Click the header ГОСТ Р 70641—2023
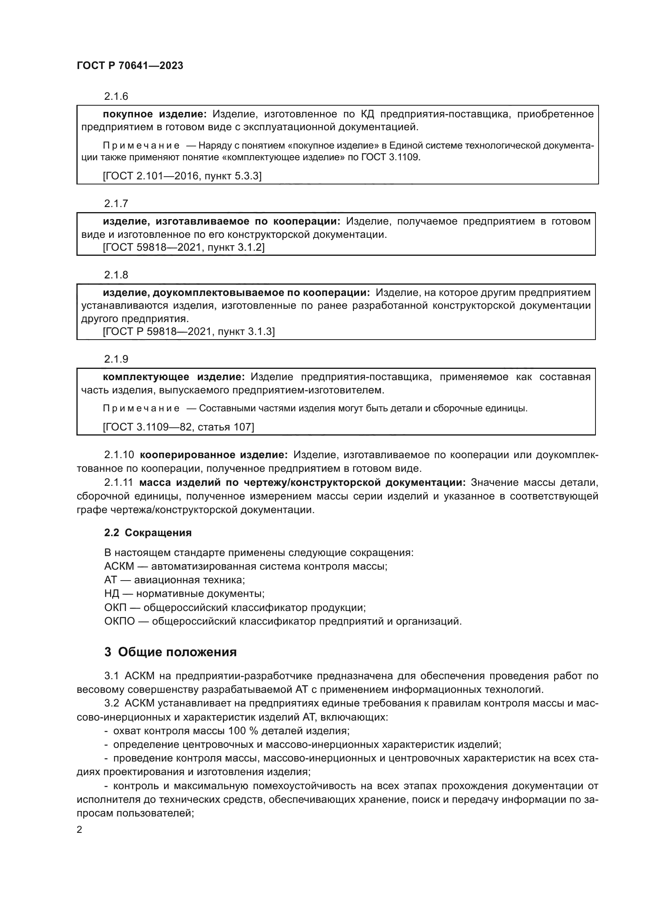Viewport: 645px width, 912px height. [130, 66]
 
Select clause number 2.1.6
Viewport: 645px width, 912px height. [116, 96]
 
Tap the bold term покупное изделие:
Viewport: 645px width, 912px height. [155, 114]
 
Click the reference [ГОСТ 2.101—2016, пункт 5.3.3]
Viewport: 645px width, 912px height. [182, 175]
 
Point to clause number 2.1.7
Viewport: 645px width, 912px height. [116, 204]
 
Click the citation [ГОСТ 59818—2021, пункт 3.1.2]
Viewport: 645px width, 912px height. [184, 247]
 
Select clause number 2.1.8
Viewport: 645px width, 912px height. [116, 274]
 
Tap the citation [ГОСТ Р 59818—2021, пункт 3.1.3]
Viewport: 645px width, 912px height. [189, 331]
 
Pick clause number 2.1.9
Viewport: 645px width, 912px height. [116, 359]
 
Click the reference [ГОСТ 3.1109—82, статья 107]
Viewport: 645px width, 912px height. [178, 427]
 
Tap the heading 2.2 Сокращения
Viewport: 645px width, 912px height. [148, 533]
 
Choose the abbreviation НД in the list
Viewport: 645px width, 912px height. [112, 594]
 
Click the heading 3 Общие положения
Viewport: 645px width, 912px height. [170, 652]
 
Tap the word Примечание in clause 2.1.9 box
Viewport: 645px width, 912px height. [141, 408]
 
